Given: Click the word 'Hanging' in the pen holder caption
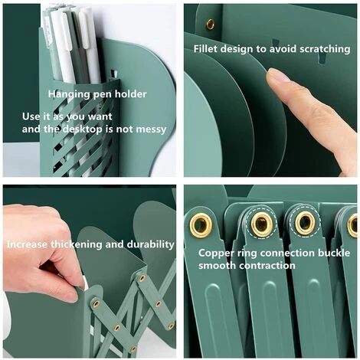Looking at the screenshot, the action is click(x=69, y=94).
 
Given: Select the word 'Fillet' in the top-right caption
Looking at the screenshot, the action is click(x=205, y=48).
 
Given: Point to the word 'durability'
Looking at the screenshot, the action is click(x=151, y=244).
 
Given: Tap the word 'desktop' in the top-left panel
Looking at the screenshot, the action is click(x=82, y=129).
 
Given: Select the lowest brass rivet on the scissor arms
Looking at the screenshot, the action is click(x=133, y=349).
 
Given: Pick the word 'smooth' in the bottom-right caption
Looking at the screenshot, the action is click(x=217, y=266).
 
